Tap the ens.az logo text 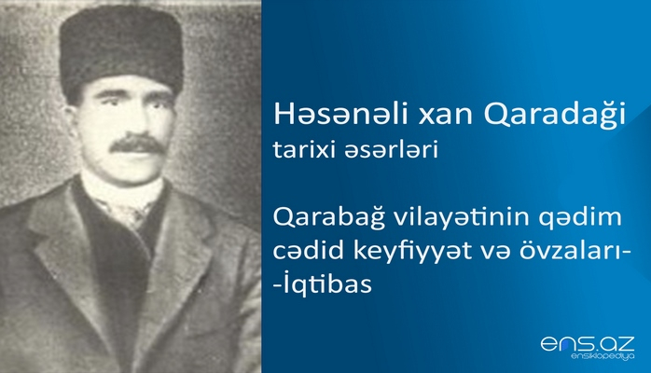pyautogui.click(x=588, y=343)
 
